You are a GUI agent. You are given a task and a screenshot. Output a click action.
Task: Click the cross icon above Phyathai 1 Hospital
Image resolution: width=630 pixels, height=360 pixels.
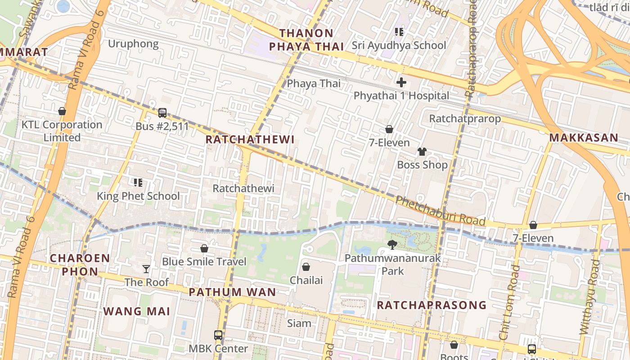point(401,82)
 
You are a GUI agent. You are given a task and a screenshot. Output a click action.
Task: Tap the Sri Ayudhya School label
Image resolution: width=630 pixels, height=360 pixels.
point(399,45)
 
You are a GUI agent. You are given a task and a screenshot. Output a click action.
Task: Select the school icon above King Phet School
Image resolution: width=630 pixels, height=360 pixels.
point(138,182)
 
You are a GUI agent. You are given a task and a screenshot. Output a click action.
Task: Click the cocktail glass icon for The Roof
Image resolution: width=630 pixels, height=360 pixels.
point(146,269)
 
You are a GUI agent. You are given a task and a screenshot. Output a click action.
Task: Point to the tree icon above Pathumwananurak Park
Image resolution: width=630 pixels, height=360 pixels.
point(392,245)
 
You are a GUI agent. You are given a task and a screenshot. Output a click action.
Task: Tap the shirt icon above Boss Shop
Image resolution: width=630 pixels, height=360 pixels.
point(422,152)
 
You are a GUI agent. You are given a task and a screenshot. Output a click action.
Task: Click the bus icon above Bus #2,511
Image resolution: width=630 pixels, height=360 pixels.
point(162,113)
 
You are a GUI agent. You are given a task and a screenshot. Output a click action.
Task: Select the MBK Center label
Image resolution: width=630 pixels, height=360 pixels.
point(218,349)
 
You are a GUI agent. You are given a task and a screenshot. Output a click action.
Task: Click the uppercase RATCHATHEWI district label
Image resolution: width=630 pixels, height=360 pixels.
point(250,139)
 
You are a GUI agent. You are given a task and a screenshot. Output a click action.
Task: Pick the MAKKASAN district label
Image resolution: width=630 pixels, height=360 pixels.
point(584,138)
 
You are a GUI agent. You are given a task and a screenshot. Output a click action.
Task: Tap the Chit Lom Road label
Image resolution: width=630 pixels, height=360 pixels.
point(509,302)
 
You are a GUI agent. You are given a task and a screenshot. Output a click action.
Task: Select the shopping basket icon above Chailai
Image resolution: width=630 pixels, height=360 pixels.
point(306,267)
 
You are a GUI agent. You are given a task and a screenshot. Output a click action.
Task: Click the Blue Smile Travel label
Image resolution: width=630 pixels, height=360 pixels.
point(204,261)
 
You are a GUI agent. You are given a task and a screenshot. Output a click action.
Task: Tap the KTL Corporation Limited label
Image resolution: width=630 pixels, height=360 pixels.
point(62,131)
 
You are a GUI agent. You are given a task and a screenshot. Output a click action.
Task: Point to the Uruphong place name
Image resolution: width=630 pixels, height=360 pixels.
point(133,44)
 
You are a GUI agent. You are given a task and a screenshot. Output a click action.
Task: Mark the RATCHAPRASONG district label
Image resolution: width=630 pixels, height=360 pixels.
point(431,305)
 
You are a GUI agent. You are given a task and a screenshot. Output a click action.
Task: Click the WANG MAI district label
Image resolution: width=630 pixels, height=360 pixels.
point(136,311)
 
